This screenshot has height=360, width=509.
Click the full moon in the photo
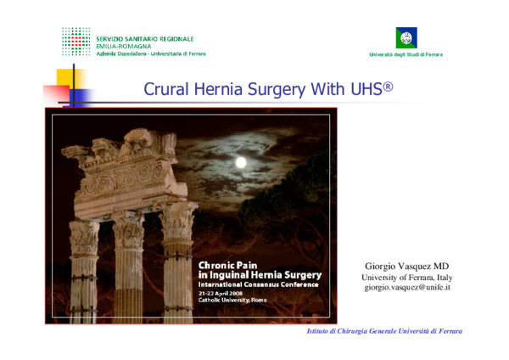pyautogui.click(x=241, y=161)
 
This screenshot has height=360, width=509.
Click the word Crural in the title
pyautogui.click(x=168, y=89)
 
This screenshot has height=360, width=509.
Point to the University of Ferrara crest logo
pyautogui.click(x=406, y=37)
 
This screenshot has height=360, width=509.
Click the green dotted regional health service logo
pyautogui.click(x=76, y=41)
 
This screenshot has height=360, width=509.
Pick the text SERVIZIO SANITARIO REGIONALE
pyautogui.click(x=145, y=38)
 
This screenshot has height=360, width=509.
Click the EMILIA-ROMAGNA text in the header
pyautogui.click(x=124, y=46)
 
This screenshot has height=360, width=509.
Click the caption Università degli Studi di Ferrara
pyautogui.click(x=406, y=55)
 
